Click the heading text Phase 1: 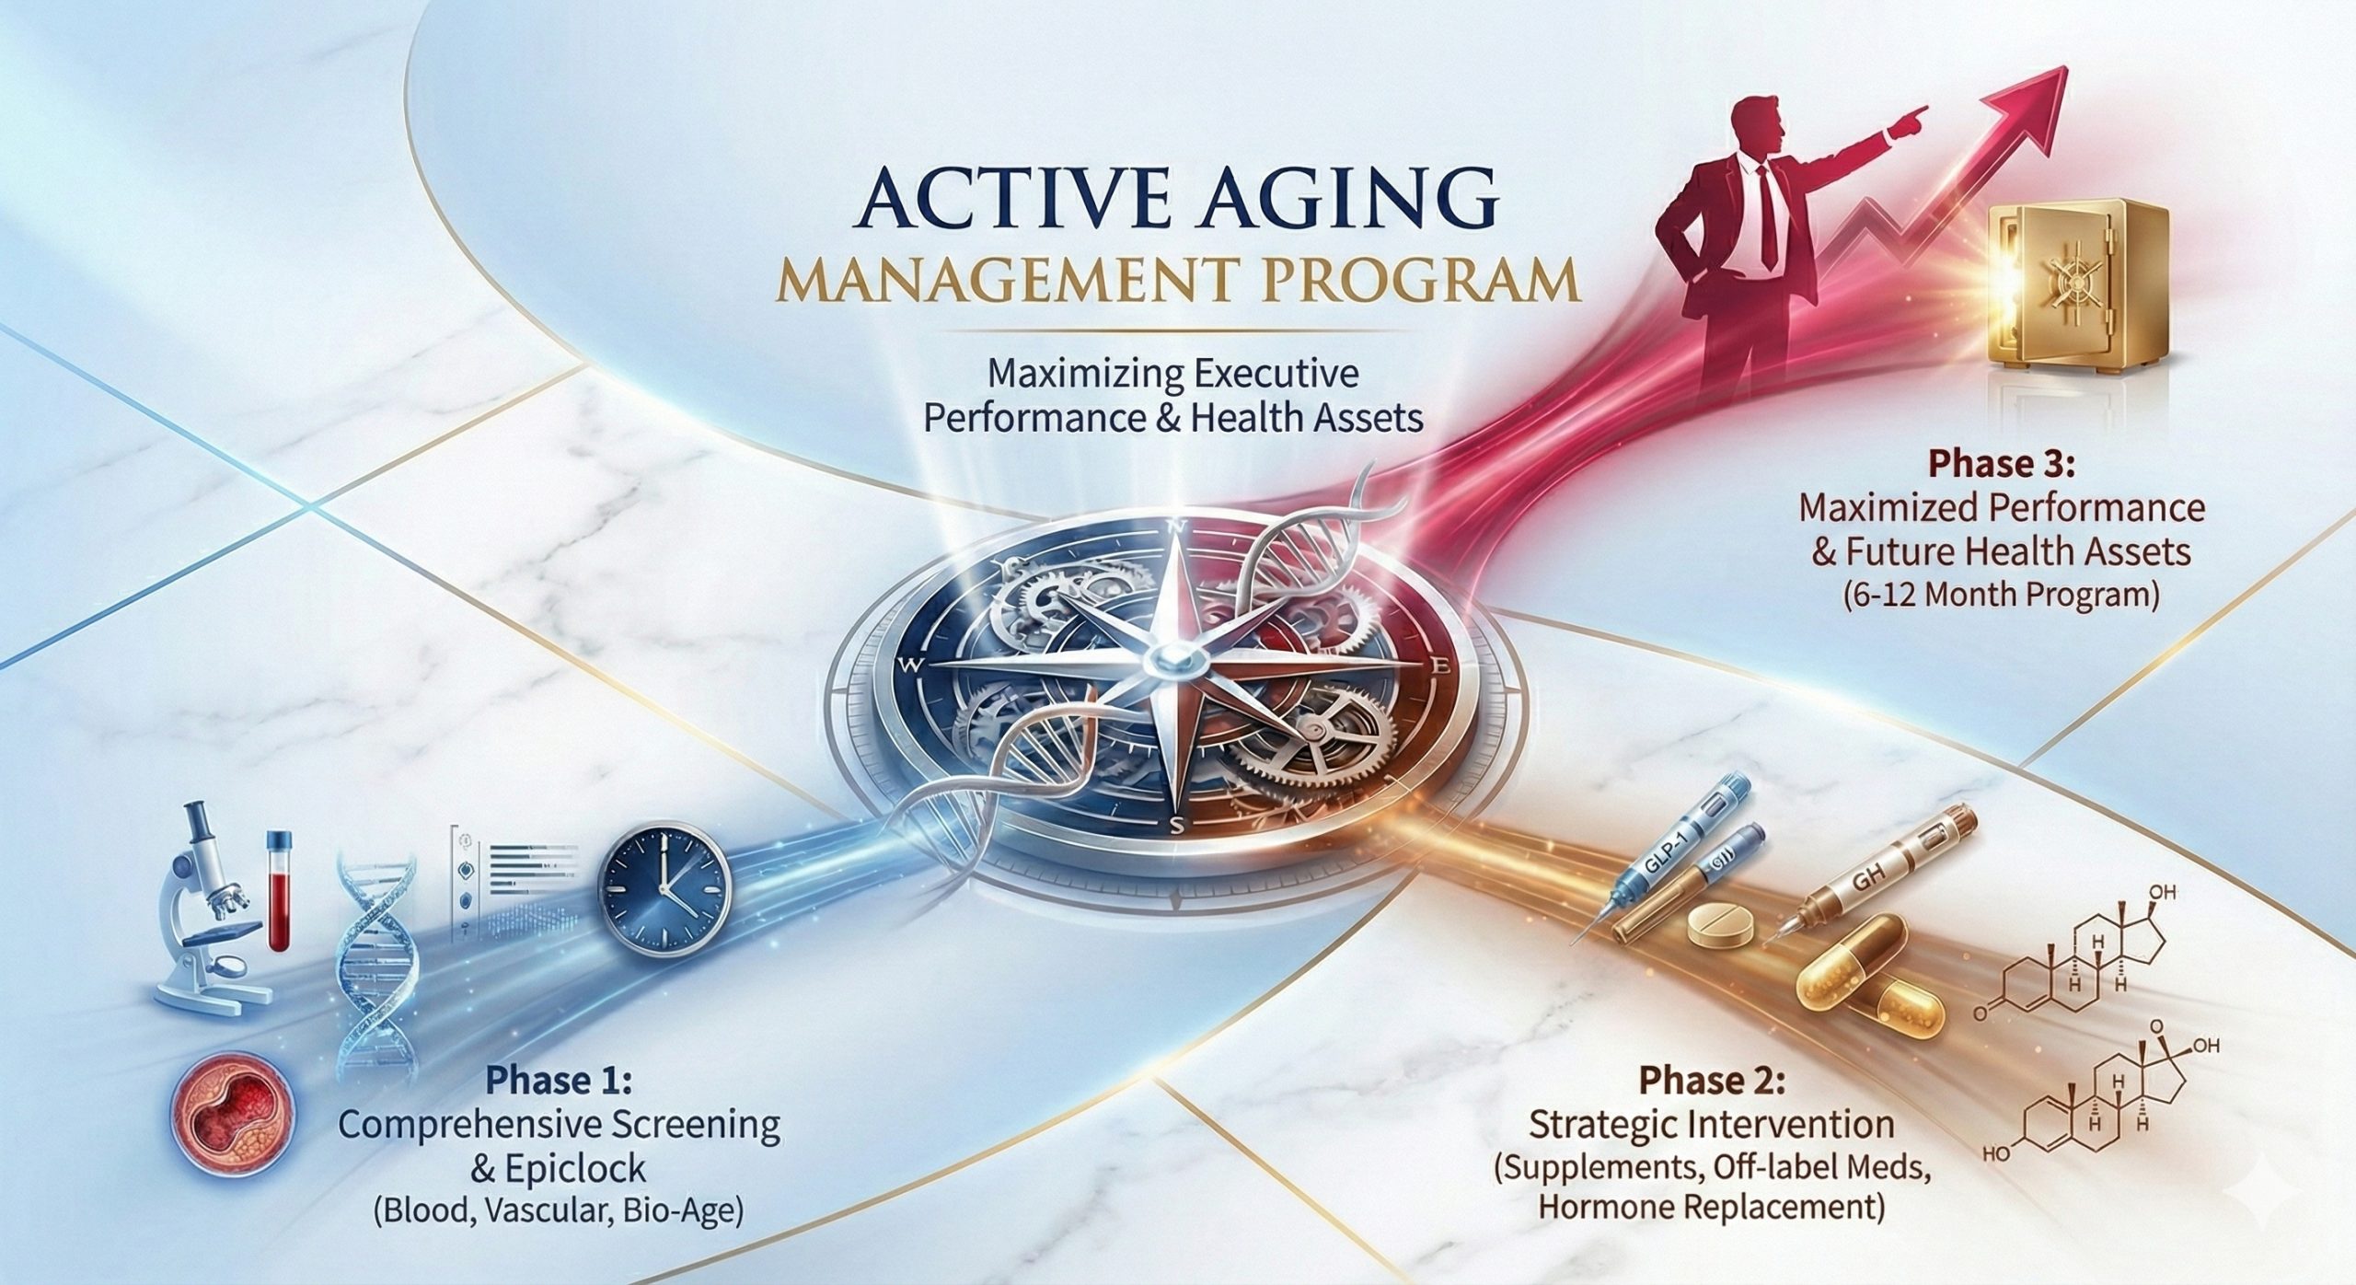(560, 1081)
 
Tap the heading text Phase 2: (1712, 1081)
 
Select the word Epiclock (576, 1170)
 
